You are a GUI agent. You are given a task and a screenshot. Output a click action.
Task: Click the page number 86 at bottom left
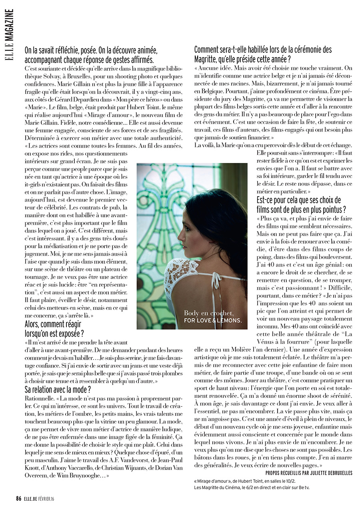(18, 498)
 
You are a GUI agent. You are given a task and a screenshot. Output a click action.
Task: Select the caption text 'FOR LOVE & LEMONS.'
(213, 321)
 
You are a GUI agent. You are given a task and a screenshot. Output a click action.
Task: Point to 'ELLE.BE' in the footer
(32, 498)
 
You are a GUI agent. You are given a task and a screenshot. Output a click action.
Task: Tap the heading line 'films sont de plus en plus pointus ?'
(301, 209)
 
